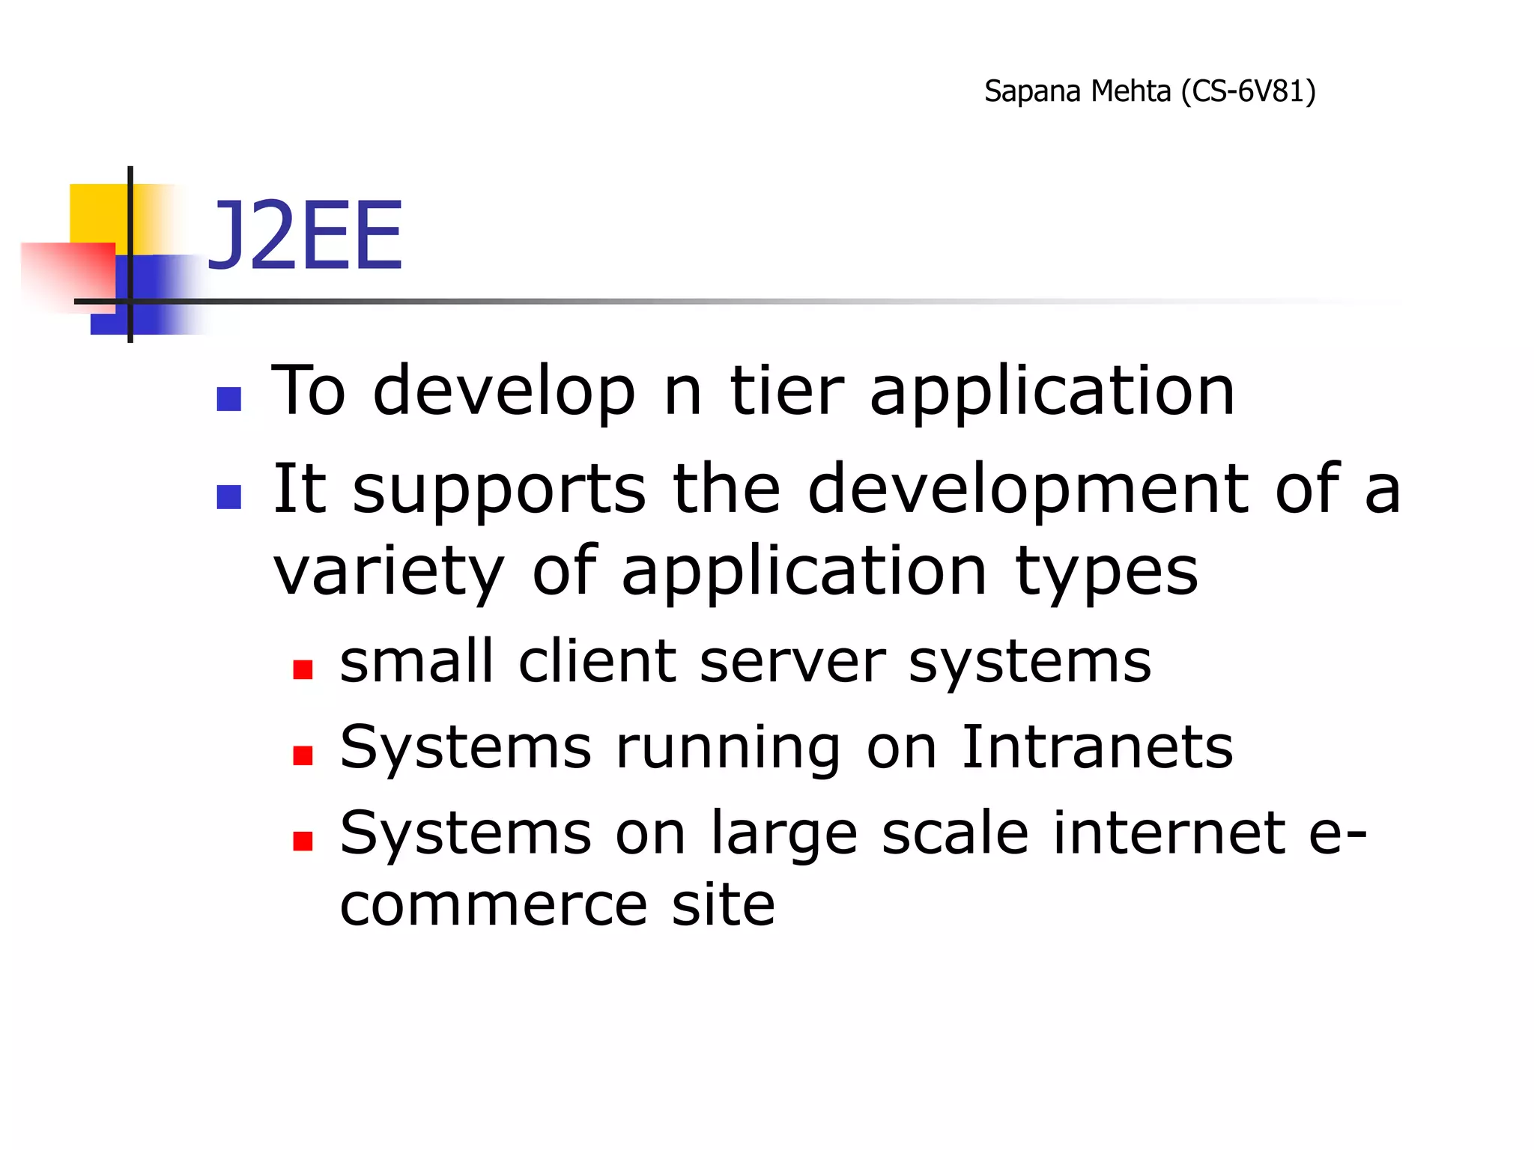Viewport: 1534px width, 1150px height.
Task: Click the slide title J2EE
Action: click(305, 237)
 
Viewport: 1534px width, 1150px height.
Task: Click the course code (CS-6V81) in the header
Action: click(1248, 91)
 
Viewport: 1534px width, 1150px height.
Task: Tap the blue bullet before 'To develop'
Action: click(228, 399)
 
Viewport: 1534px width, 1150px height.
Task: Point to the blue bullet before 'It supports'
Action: click(228, 497)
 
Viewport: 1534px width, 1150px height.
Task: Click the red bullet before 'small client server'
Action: click(303, 669)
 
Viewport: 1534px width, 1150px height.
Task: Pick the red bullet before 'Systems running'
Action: click(303, 755)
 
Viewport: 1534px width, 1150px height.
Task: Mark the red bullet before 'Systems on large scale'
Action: click(303, 841)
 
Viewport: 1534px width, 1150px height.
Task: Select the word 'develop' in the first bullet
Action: click(504, 393)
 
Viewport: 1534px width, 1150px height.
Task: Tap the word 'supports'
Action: click(498, 491)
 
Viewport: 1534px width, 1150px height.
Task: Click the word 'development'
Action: click(1028, 491)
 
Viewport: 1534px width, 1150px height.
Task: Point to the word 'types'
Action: click(1106, 573)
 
